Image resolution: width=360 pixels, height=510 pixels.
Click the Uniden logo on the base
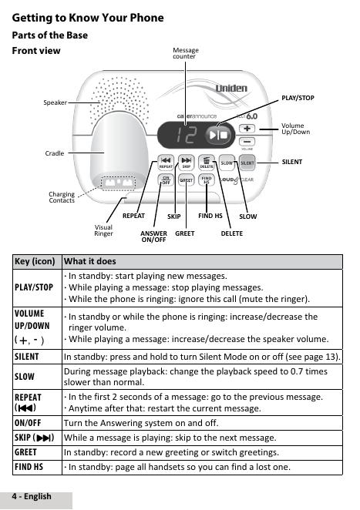[231, 88]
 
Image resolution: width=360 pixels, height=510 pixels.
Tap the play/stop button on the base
[218, 135]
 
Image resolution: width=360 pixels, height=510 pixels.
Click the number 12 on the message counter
[187, 135]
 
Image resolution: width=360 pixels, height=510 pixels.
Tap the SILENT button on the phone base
[247, 163]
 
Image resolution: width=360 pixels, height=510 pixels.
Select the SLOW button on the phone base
[227, 163]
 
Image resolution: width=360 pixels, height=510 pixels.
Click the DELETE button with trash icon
[207, 163]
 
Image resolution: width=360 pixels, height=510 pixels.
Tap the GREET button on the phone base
[187, 180]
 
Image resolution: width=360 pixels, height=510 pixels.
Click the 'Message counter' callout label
[186, 53]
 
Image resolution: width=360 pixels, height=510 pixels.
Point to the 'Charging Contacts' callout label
[62, 197]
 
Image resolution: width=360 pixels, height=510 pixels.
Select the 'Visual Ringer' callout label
[103, 230]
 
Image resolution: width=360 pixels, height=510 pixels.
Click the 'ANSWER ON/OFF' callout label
[153, 237]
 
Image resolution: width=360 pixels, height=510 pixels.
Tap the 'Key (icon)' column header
[35, 261]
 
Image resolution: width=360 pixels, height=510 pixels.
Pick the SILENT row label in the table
[27, 357]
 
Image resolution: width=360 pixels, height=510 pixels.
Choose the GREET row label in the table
[25, 452]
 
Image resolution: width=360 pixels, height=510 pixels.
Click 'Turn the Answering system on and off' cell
[141, 423]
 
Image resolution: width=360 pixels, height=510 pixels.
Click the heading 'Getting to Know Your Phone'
[88, 18]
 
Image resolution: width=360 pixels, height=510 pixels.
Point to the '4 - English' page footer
[32, 496]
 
